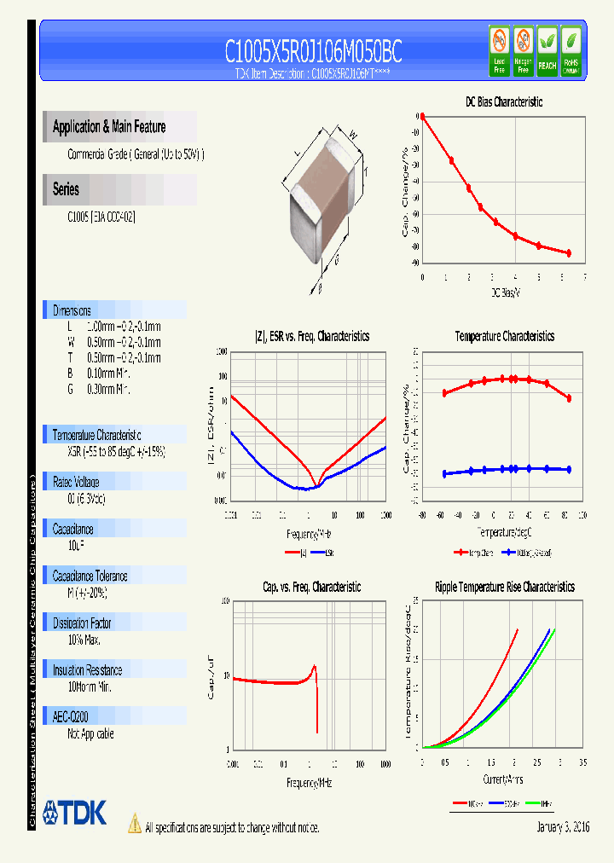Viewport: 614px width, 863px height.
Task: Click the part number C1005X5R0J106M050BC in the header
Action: [x=313, y=52]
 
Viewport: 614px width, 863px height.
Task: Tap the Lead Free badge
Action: [x=499, y=50]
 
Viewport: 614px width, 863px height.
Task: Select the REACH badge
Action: [x=547, y=50]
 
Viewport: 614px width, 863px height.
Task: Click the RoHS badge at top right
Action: [x=571, y=50]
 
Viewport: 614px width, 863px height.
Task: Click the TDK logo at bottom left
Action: [x=74, y=813]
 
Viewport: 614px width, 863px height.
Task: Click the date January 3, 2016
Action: [x=563, y=827]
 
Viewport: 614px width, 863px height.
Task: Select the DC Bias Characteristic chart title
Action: [x=504, y=101]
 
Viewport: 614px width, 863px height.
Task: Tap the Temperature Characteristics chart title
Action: [x=504, y=336]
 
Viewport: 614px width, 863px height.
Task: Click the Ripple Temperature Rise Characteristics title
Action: [x=504, y=587]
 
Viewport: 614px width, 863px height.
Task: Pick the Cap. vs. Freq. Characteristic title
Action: [x=311, y=587]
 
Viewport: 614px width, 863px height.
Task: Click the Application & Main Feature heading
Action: [x=109, y=127]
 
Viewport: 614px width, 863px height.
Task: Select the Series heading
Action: [x=66, y=189]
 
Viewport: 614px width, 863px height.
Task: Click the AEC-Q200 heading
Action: [x=71, y=717]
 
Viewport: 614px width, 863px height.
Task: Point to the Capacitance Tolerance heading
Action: [x=90, y=576]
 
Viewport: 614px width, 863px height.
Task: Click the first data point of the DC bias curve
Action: [x=422, y=117]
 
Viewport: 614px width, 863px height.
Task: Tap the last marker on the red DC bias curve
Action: [x=568, y=253]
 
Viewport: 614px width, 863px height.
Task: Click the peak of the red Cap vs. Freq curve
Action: [x=315, y=666]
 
